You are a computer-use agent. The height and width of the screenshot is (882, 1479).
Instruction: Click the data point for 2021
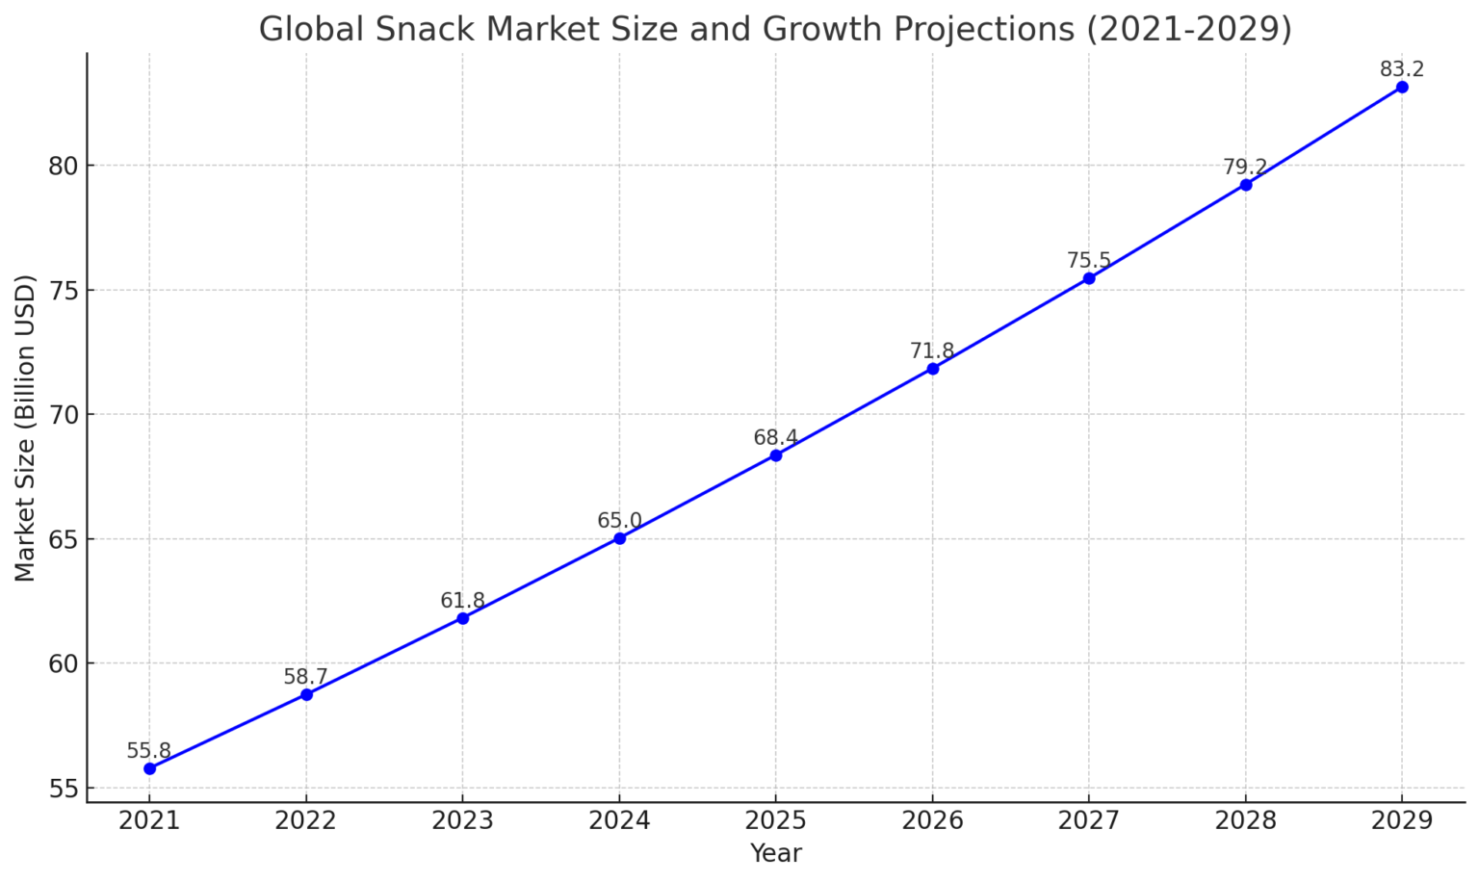click(x=149, y=768)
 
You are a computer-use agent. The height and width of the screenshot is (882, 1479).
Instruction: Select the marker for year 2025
click(x=776, y=455)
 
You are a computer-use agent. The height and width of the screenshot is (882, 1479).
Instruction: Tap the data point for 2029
click(x=1402, y=87)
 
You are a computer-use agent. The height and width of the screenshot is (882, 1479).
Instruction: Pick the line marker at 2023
click(x=463, y=618)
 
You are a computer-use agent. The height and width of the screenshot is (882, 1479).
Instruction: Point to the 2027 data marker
click(x=1089, y=278)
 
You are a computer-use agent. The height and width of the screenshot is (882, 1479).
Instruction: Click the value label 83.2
click(x=1402, y=69)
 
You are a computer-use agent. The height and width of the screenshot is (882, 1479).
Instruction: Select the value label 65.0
click(x=619, y=521)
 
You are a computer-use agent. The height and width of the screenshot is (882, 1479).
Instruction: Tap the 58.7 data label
click(x=306, y=677)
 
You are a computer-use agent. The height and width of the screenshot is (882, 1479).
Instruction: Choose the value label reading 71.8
click(x=932, y=351)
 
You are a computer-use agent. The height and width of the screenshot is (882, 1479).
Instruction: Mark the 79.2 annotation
click(x=1245, y=168)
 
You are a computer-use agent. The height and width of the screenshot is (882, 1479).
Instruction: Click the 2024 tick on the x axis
click(x=619, y=820)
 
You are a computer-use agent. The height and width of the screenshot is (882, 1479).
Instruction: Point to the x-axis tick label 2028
click(x=1245, y=820)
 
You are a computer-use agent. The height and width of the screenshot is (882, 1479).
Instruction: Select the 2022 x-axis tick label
click(x=306, y=820)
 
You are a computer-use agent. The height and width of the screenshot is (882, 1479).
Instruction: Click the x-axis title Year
click(x=776, y=853)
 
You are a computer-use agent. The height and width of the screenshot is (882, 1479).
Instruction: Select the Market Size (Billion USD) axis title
click(x=26, y=428)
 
